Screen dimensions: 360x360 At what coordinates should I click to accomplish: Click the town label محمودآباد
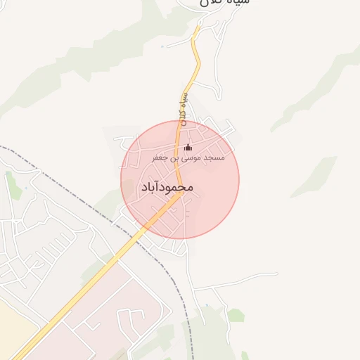[x=167, y=187]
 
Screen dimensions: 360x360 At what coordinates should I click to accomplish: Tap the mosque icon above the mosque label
[x=188, y=148]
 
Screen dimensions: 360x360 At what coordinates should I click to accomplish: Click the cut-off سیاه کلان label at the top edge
[x=224, y=4]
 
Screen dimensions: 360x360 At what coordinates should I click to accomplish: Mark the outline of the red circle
[x=239, y=180]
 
